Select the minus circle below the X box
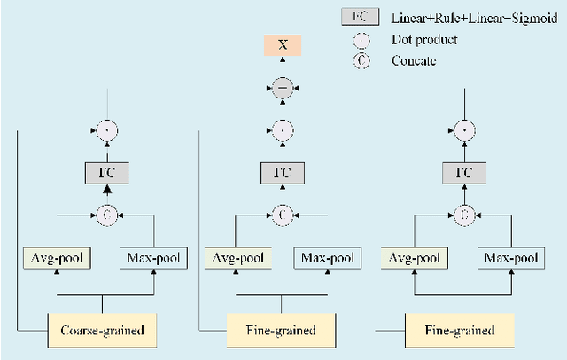[282, 89]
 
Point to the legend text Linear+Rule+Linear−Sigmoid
[468, 19]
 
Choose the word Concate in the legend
[414, 60]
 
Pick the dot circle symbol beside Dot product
[361, 40]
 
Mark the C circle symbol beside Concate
[361, 60]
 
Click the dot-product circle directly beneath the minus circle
[282, 130]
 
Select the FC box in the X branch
[282, 172]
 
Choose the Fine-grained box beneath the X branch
[282, 331]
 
